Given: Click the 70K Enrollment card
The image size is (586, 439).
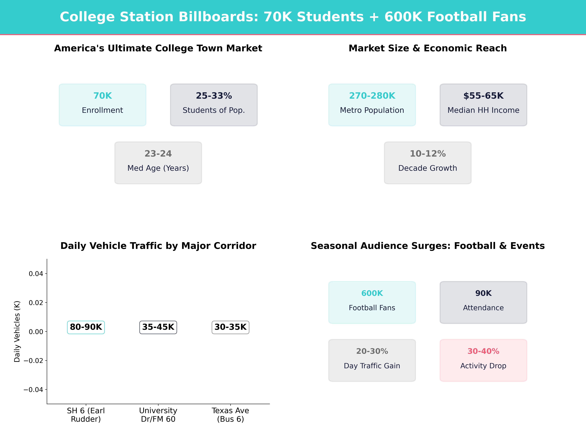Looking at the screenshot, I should click(103, 105).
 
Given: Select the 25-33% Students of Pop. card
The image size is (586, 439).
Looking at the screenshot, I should click(214, 105).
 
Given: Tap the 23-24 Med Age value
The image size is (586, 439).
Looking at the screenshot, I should click(158, 154).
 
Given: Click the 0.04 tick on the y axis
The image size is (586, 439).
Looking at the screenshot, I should click(36, 274).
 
